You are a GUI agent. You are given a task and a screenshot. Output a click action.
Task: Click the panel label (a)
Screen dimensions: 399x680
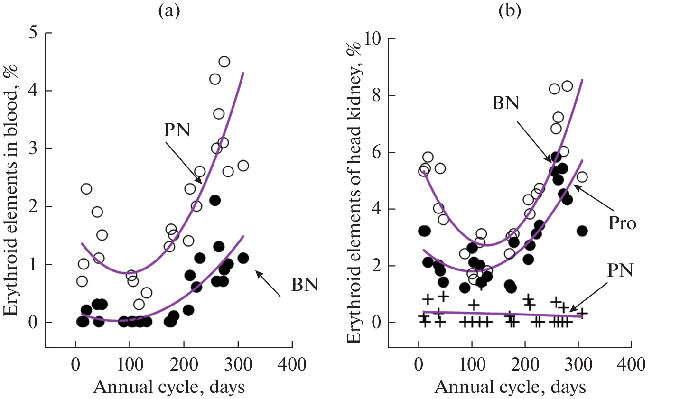169,11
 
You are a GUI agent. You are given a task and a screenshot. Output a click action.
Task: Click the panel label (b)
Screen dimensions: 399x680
510,11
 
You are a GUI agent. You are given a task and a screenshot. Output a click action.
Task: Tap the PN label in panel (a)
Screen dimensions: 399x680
177,130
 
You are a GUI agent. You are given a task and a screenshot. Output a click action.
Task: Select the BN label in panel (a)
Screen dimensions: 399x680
305,285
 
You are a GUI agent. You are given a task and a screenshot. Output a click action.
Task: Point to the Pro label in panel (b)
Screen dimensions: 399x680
622,223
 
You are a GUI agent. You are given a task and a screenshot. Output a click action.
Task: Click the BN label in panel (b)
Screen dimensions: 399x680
505,102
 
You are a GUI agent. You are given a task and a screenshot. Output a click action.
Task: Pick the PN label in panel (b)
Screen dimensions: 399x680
621,271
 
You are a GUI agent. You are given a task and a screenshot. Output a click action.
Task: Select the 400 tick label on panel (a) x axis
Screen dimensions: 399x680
292,365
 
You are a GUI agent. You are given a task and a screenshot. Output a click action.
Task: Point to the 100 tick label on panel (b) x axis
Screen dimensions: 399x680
472,365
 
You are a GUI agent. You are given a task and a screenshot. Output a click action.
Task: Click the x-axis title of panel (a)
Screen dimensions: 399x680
169,387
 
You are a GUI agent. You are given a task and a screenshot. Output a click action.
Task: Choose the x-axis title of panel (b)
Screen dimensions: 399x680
510,387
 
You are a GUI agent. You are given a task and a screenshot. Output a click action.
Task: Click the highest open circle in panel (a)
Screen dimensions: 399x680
224,62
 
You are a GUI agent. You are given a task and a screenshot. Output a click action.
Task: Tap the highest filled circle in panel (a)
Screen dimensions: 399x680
214,200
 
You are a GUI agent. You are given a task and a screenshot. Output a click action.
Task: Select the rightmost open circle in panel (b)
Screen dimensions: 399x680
582,177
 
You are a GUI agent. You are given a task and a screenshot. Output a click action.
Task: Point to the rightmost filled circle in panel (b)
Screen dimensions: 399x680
582,231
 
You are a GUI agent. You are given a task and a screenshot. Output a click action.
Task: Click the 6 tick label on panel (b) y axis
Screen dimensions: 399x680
378,152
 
